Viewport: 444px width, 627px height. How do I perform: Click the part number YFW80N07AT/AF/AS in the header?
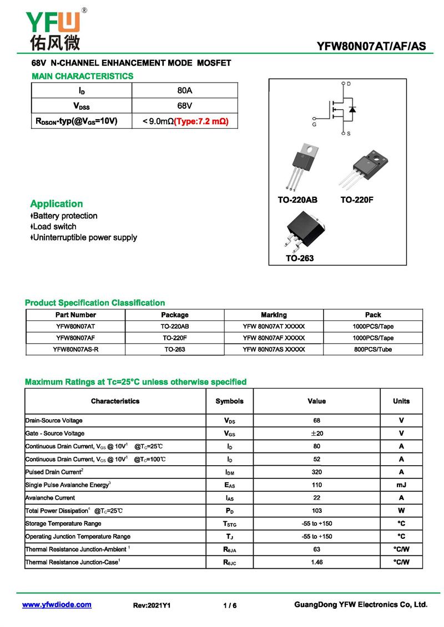(x=371, y=47)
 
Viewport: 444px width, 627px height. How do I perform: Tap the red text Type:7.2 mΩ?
(x=201, y=121)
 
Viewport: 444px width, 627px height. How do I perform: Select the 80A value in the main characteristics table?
(x=184, y=90)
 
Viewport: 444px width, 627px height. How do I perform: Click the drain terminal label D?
(x=349, y=84)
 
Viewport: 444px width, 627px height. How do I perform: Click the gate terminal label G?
(x=314, y=125)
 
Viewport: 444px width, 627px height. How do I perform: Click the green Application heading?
(x=57, y=203)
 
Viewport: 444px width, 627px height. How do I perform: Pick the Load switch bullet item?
(x=54, y=227)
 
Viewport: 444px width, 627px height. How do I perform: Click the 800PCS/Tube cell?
(x=373, y=350)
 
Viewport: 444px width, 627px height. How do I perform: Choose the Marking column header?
(x=274, y=315)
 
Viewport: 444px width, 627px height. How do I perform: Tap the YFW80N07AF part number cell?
(x=75, y=338)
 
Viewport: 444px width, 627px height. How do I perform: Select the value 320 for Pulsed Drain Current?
(x=316, y=472)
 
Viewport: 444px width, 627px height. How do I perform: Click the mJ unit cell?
(x=401, y=485)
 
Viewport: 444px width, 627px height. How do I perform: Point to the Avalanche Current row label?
(x=51, y=498)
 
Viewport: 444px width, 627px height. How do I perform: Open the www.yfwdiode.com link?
(x=57, y=605)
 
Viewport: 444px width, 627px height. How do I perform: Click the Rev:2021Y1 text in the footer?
(x=152, y=605)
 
